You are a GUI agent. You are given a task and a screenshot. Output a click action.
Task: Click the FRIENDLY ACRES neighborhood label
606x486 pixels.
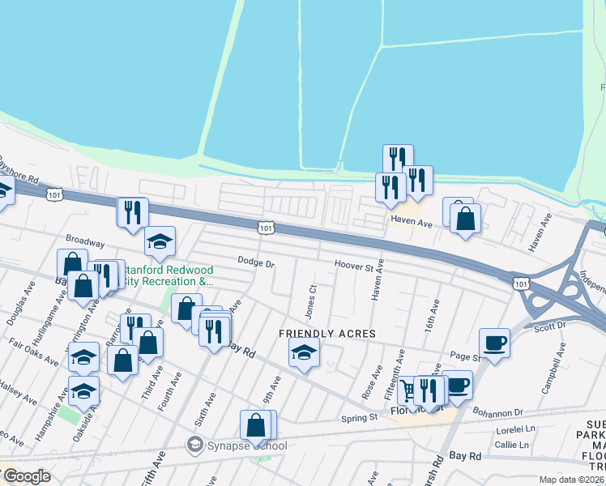318,334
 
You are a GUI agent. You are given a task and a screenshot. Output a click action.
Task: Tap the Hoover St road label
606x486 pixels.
359,266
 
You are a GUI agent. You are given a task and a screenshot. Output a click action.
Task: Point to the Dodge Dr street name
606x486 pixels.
256,262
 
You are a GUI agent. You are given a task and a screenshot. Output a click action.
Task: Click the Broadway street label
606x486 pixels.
85,241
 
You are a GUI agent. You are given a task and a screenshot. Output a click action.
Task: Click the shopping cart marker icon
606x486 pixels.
409,388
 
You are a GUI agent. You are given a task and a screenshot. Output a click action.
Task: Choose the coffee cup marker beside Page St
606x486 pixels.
494,342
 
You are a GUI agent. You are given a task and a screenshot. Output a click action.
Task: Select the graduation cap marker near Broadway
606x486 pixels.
160,240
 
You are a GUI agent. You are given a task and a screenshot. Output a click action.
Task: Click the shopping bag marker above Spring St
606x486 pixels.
256,424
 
